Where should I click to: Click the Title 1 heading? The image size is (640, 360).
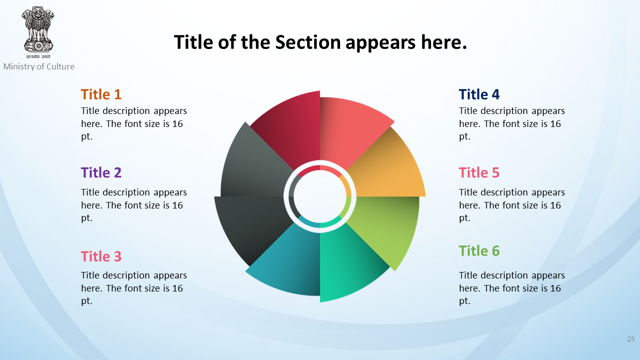click(101, 94)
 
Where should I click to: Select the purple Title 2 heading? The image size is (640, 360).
click(101, 172)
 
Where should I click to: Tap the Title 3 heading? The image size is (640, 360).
click(101, 256)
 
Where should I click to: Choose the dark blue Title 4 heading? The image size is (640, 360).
click(479, 94)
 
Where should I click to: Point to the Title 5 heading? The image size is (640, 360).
click(479, 172)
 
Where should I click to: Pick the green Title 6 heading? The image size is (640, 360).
click(479, 251)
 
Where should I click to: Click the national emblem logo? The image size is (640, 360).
click(38, 32)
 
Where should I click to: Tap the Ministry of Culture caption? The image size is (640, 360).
click(39, 66)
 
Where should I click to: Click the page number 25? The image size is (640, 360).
click(631, 339)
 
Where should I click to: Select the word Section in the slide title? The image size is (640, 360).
click(308, 42)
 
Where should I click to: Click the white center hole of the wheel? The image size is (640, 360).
click(320, 196)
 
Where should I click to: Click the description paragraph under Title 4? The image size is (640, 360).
click(511, 123)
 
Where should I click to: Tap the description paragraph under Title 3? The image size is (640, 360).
click(133, 288)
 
